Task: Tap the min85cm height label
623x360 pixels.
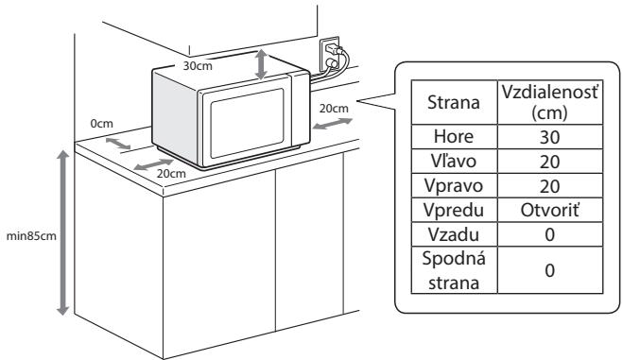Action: click(29, 234)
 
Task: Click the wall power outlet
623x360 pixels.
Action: click(331, 55)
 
